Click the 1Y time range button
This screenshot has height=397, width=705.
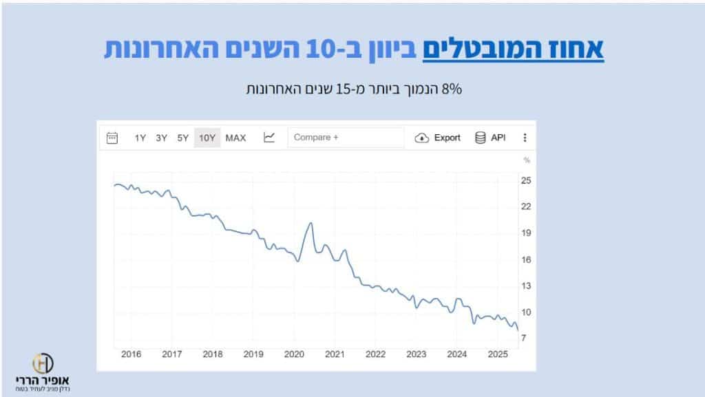pos(140,138)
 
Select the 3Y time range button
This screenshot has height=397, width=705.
pos(161,138)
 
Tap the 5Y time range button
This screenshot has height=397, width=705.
pos(182,138)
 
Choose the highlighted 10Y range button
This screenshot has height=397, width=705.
pos(207,138)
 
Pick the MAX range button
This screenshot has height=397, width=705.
pos(235,138)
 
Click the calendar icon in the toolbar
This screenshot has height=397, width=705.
pos(113,138)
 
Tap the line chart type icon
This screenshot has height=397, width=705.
pos(269,138)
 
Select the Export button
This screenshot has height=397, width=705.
pos(438,138)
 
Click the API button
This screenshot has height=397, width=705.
pos(490,138)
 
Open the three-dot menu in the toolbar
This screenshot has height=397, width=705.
pos(525,138)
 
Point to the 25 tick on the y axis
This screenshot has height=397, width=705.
pos(526,180)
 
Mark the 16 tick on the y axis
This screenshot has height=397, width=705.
pos(526,259)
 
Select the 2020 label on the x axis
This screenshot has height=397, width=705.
pos(294,354)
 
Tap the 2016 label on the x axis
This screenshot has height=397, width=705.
pos(131,354)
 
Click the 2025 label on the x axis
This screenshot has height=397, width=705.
pos(497,354)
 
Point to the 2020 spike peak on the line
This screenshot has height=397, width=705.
pos(311,223)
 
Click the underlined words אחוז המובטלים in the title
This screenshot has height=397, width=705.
pos(513,50)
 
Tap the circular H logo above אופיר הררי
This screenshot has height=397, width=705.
pos(43,363)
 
